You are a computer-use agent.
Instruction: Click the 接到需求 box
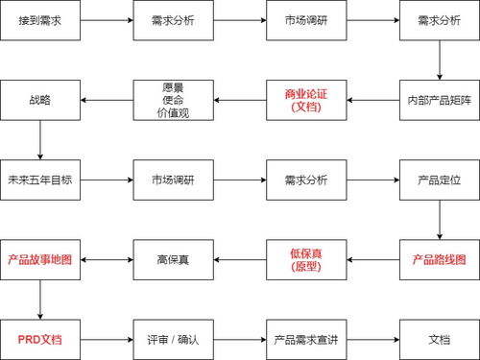(41, 19)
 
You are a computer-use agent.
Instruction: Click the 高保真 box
(172, 260)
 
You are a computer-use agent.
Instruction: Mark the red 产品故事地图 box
(41, 260)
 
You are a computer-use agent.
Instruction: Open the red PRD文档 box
(41, 340)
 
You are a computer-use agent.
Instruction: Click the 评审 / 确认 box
(172, 340)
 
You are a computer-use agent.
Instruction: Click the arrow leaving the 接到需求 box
(107, 19)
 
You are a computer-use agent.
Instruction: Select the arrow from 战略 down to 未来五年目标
(41, 140)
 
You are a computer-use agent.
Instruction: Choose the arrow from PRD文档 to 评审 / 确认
(107, 340)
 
